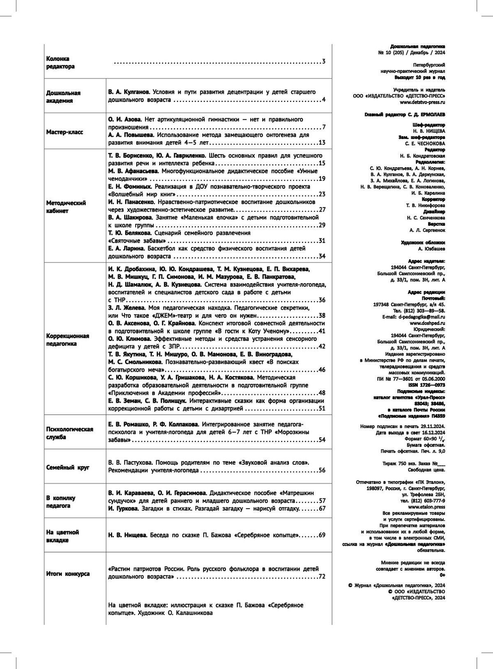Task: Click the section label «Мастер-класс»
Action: click(x=65, y=132)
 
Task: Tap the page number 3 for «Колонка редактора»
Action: click(x=323, y=62)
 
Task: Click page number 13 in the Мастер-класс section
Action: click(x=322, y=143)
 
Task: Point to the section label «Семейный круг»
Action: click(x=68, y=468)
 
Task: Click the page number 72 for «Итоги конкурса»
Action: click(x=322, y=576)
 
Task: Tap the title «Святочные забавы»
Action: click(x=137, y=241)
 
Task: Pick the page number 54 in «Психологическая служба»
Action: click(x=322, y=440)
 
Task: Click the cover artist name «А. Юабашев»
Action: click(x=431, y=249)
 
